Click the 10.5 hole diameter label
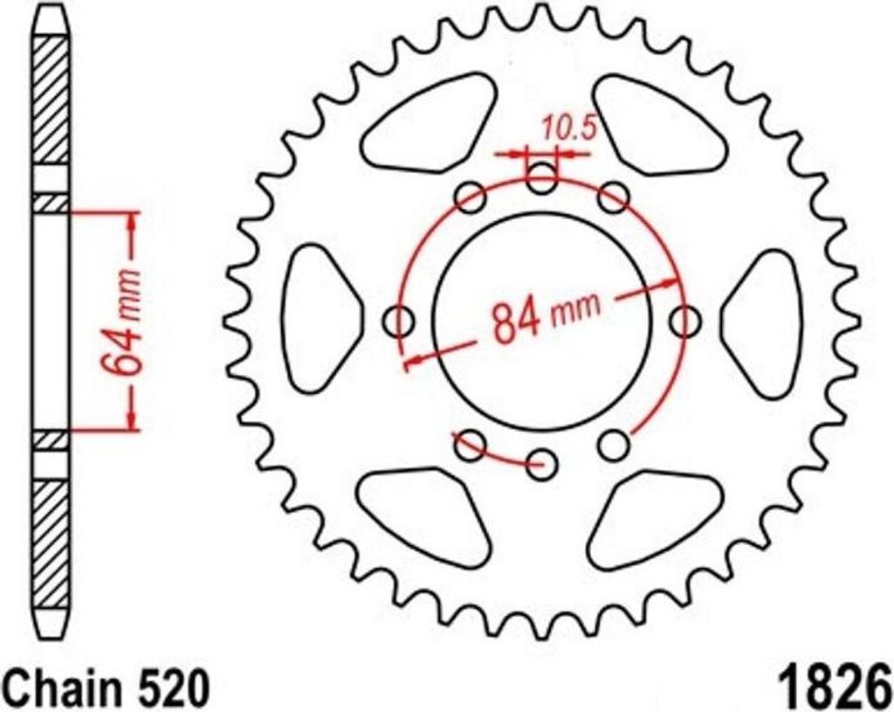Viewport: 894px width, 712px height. (x=567, y=128)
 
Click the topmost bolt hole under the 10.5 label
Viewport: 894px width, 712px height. (x=542, y=181)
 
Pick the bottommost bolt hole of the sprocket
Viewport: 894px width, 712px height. (x=542, y=462)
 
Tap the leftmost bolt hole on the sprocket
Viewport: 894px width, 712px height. (x=401, y=321)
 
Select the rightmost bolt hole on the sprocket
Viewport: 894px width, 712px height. (x=684, y=321)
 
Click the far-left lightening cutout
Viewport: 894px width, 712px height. (x=320, y=319)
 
